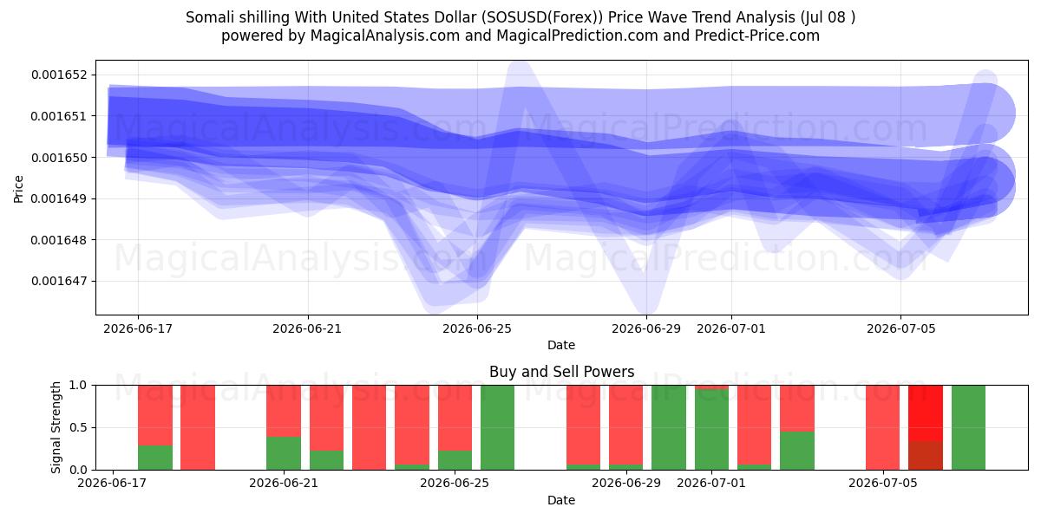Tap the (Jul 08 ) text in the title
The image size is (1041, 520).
[828, 17]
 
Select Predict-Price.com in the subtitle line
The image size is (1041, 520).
[757, 36]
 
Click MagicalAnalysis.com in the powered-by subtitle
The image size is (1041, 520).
[385, 36]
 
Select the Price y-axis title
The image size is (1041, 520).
[18, 189]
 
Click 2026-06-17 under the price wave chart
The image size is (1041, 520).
[138, 328]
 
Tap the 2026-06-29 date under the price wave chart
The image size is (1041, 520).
[646, 328]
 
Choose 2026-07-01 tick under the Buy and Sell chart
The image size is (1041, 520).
[711, 483]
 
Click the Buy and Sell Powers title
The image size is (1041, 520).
[561, 372]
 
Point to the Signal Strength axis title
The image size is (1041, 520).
[56, 427]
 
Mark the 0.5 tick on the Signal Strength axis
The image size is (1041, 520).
[78, 427]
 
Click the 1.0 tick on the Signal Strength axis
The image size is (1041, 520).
[78, 385]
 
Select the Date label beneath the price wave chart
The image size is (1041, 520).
[561, 345]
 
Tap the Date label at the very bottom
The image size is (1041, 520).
[561, 500]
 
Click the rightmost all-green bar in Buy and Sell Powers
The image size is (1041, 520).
[968, 427]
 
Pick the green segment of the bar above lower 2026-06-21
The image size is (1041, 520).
[284, 453]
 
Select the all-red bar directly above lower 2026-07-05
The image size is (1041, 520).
[882, 427]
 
